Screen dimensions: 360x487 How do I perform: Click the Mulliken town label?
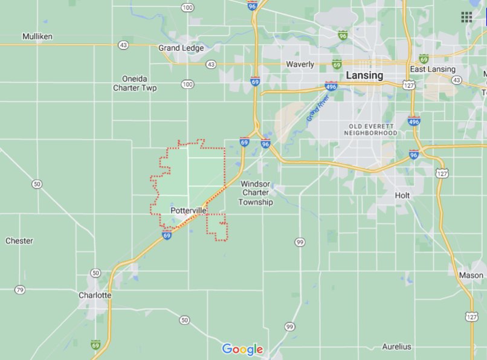[37, 36]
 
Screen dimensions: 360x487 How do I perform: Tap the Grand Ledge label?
[181, 48]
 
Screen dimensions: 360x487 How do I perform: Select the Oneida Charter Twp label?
[135, 83]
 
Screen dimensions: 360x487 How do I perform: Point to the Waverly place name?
[300, 65]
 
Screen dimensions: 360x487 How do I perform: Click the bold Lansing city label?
[364, 76]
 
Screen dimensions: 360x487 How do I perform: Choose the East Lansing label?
[433, 69]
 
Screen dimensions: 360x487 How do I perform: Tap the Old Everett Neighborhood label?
[372, 129]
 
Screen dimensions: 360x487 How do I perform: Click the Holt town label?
[402, 196]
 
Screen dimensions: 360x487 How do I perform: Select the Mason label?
[471, 275]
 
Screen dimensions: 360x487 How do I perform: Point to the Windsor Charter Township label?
[256, 193]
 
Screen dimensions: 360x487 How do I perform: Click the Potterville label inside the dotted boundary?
[188, 210]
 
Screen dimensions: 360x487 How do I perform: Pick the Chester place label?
[19, 241]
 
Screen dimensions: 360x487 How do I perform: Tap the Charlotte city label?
[95, 295]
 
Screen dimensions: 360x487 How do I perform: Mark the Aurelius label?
[396, 347]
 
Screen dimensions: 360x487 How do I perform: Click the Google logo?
[242, 349]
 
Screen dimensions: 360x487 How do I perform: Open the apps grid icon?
[466, 17]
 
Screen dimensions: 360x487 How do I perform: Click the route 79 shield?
[20, 290]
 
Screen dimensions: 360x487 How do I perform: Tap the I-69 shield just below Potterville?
[167, 235]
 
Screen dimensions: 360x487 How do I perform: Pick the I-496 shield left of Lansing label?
[331, 86]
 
